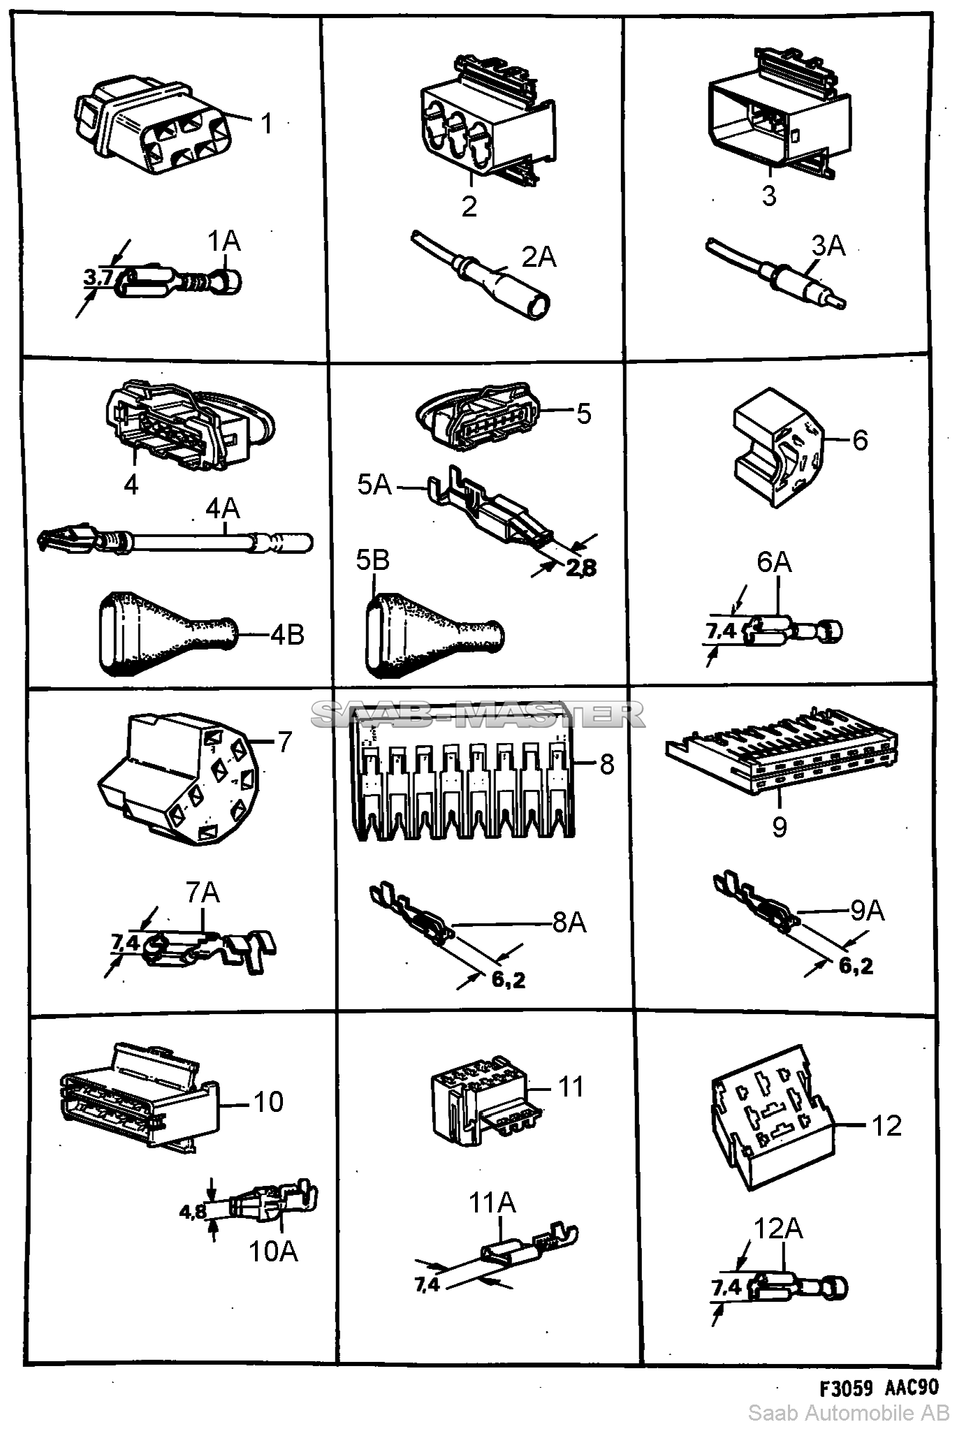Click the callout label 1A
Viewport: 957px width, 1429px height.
[x=224, y=242]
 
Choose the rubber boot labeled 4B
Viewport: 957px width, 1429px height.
[x=168, y=635]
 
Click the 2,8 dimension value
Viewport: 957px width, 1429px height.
[x=581, y=568]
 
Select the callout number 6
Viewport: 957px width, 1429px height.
[x=860, y=441]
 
